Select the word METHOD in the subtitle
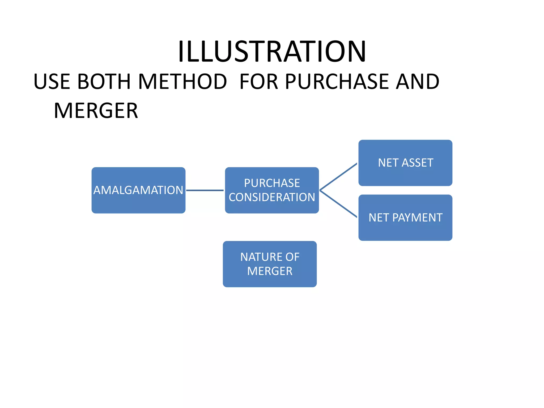tap(182, 82)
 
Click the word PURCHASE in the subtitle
tap(336, 82)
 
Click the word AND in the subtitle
tap(417, 82)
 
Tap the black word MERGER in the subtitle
tap(96, 111)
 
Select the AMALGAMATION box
tap(138, 190)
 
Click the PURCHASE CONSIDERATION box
tap(272, 190)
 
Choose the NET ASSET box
tap(405, 163)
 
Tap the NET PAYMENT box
tap(405, 218)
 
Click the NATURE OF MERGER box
tap(270, 264)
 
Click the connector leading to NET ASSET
tap(338, 177)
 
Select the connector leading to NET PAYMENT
tap(338, 204)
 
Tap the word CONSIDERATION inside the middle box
tap(272, 197)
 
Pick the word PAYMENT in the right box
tap(417, 218)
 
